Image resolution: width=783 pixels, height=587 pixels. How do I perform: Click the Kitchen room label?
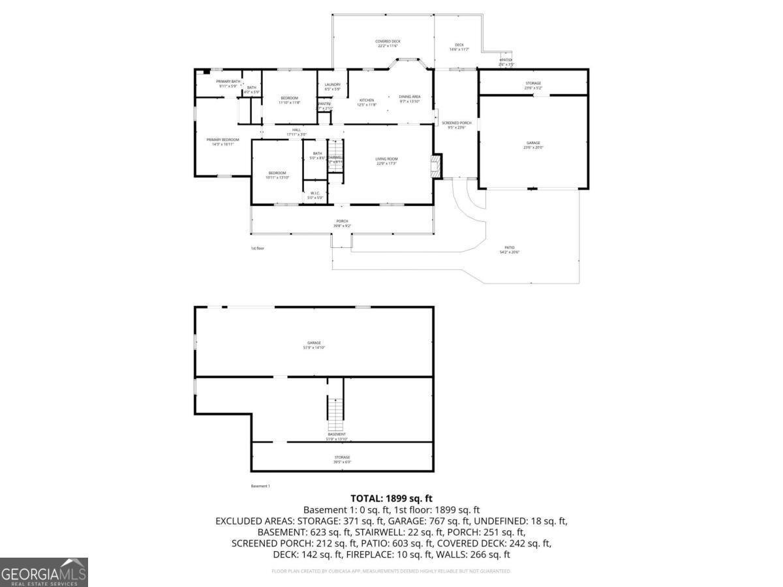pos(367,102)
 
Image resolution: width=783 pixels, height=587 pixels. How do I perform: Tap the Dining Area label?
pos(410,98)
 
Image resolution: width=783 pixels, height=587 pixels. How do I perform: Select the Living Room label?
pos(386,160)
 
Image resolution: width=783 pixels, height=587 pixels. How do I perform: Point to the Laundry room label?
pos(333,86)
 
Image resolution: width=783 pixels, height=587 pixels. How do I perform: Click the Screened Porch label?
pos(456,125)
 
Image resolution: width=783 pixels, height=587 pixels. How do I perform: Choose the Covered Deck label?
pos(388,43)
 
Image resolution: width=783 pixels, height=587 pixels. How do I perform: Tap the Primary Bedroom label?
pos(223,142)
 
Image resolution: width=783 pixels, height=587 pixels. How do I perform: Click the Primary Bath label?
pos(228,83)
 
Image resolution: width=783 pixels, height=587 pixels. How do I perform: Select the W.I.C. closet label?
pos(315,194)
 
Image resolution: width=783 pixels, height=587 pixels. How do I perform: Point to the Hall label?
pos(296,132)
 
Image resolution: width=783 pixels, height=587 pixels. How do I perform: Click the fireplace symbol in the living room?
pos(437,166)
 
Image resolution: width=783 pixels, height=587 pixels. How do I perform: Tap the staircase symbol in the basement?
pos(335,410)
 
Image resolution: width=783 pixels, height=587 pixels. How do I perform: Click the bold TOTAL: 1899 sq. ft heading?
pos(391,498)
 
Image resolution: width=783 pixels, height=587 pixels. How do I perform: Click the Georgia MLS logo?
pos(44,573)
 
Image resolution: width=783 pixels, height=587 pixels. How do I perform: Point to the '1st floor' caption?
pos(258,248)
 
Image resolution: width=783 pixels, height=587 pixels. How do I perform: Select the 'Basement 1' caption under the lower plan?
pos(260,486)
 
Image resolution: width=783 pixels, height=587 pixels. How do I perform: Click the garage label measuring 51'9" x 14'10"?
pos(315,345)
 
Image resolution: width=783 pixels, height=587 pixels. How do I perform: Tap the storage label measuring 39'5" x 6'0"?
pos(343,459)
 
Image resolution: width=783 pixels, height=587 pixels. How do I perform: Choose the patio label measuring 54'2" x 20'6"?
pos(510,250)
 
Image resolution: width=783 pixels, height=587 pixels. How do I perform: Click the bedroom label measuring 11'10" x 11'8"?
pos(289,100)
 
